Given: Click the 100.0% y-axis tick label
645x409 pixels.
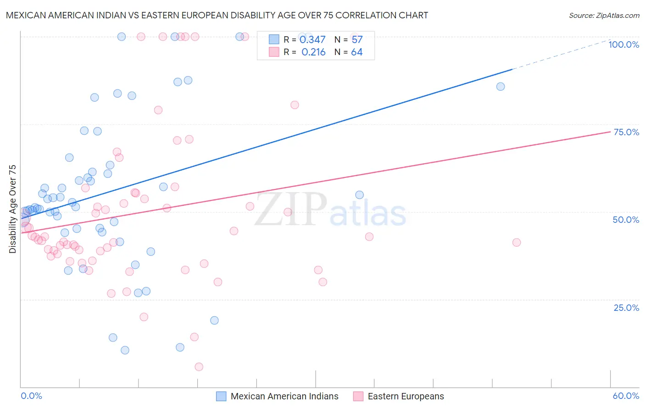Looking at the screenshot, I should (623, 44).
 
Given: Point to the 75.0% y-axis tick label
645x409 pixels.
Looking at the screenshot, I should (626, 132).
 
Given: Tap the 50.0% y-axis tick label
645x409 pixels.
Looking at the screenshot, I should (626, 220).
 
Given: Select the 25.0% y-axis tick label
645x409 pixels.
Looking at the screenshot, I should (626, 308).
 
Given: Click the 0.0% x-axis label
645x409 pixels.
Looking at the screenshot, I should (31, 396).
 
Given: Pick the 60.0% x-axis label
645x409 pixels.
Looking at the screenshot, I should (626, 396).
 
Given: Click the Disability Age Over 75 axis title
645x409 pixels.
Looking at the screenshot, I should (12, 209).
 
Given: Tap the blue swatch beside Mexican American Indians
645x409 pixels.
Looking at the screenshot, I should (221, 396).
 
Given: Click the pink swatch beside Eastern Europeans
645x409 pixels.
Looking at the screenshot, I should (358, 396).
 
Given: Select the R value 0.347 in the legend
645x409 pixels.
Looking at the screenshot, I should (312, 40).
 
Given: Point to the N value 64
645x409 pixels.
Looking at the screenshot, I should (356, 52).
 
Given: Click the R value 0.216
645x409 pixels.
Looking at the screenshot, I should (313, 52).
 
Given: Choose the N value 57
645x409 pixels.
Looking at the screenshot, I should (357, 40).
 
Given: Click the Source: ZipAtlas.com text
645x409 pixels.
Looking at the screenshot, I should (604, 16).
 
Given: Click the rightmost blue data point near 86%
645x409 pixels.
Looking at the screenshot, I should (500, 87).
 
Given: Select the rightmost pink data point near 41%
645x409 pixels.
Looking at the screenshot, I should (517, 243).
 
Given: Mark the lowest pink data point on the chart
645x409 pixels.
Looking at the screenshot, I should (199, 367).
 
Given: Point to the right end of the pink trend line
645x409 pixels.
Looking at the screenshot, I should (610, 132).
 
